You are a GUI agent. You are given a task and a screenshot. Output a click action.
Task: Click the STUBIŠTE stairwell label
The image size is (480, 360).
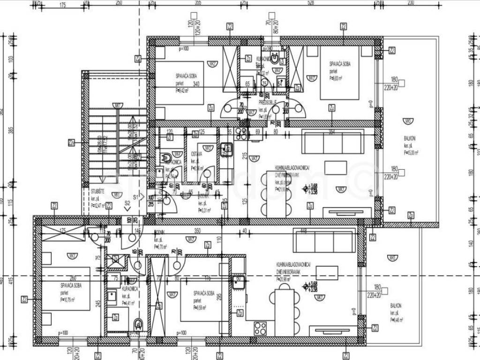coord(98,192)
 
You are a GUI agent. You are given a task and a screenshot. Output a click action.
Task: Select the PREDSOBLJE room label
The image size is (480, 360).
coord(268,102)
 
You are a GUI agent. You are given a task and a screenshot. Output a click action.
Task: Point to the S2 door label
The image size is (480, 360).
coord(127,202)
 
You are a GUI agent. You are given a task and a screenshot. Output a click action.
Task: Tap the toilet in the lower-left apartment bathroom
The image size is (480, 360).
coord(138,323)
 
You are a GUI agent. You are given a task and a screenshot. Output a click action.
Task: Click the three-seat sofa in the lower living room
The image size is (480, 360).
coord(324,241)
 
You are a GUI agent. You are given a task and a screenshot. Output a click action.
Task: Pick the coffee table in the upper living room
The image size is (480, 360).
coord(336,167)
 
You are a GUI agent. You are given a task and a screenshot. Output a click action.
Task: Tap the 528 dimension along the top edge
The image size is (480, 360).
coord(310,3)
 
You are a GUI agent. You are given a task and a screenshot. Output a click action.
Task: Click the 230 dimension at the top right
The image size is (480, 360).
coord(411,3)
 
